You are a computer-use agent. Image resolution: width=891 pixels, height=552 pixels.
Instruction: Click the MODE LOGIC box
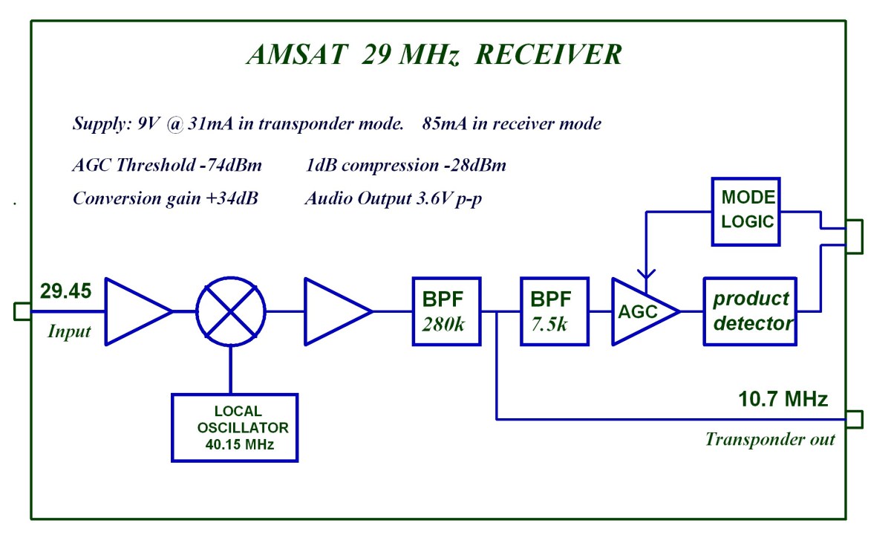pyautogui.click(x=746, y=211)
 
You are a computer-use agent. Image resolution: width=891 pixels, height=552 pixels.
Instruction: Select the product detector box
pyautogui.click(x=750, y=311)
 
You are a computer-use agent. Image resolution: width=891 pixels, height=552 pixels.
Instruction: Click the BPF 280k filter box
pyautogui.click(x=446, y=311)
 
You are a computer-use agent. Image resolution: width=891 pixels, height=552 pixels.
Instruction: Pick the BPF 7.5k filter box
pyautogui.click(x=555, y=311)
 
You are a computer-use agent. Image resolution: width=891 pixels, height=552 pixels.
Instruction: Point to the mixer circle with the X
pyautogui.click(x=231, y=311)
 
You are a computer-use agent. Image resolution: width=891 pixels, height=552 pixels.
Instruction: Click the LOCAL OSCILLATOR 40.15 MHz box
pyautogui.click(x=235, y=428)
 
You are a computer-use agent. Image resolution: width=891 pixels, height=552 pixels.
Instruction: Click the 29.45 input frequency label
pyautogui.click(x=65, y=291)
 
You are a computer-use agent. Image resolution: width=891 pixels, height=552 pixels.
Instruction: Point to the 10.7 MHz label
pyautogui.click(x=783, y=400)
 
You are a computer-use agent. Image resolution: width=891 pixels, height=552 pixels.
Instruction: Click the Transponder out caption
pyautogui.click(x=769, y=439)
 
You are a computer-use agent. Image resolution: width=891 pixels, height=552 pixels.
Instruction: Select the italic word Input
pyautogui.click(x=68, y=331)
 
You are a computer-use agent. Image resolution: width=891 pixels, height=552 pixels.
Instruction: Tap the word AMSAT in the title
pyautogui.click(x=295, y=56)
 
